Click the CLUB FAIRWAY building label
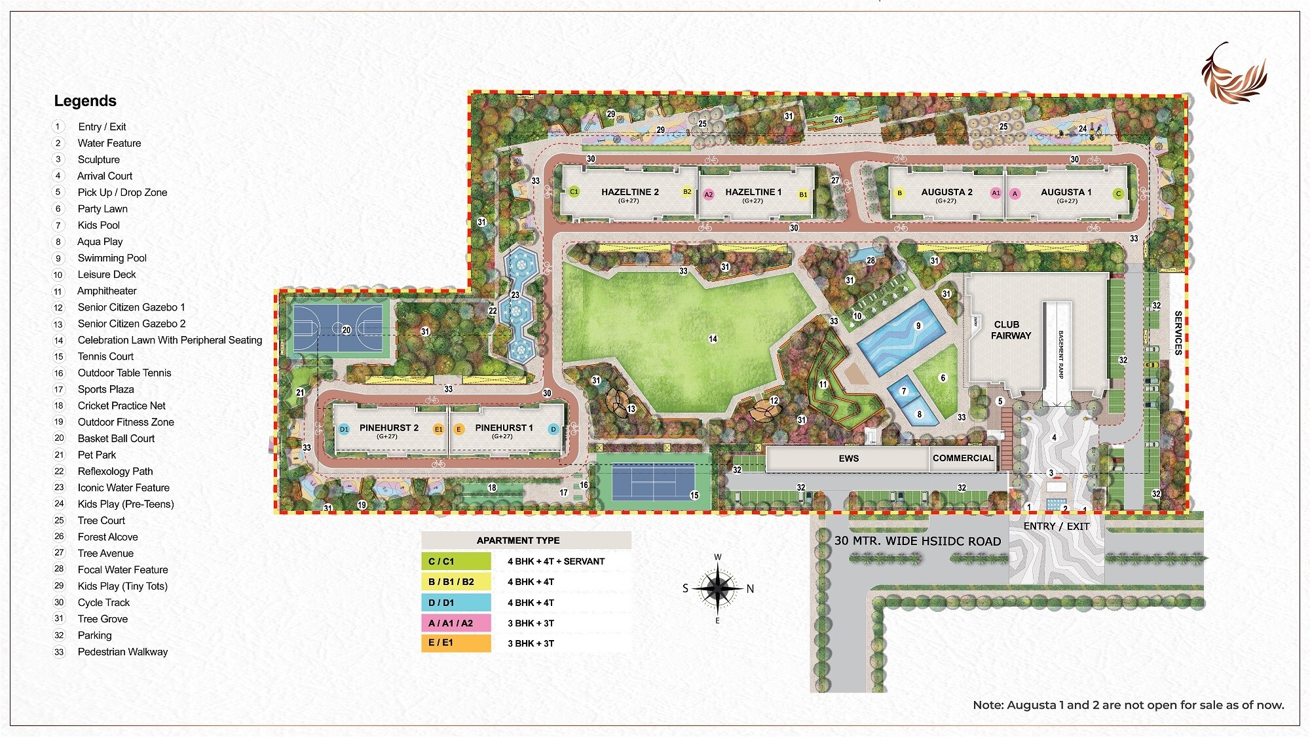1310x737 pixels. tap(1011, 330)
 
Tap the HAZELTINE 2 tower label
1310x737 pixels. tap(629, 193)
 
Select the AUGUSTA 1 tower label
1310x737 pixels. tap(1066, 193)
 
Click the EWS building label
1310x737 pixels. tap(848, 459)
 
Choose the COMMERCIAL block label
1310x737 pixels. tap(963, 459)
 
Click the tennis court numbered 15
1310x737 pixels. tap(652, 482)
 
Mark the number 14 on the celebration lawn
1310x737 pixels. tap(713, 339)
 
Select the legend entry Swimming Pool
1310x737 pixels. tap(112, 258)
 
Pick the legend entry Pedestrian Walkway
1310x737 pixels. tap(122, 652)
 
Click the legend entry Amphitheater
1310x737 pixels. tap(107, 291)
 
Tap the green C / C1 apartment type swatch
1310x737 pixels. tap(456, 561)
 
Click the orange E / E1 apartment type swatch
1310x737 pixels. tap(456, 643)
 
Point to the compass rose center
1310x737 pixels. tap(718, 588)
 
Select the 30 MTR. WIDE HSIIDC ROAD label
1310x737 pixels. tap(917, 541)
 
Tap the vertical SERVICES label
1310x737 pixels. tap(1178, 333)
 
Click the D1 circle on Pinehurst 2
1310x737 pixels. tap(344, 430)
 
